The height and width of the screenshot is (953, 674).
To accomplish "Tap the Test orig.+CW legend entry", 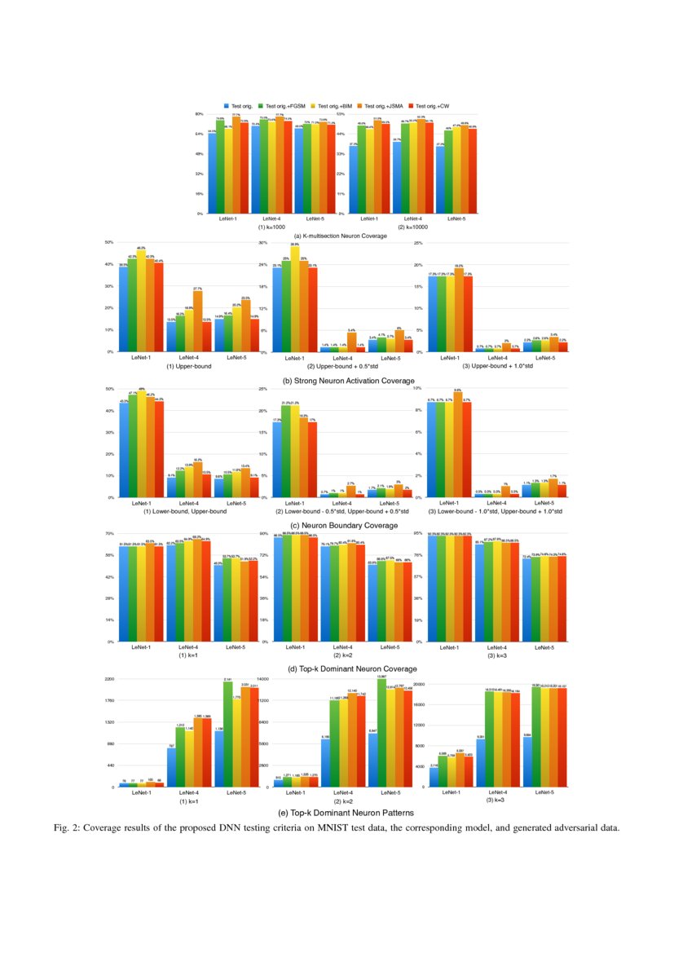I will pyautogui.click(x=430, y=106).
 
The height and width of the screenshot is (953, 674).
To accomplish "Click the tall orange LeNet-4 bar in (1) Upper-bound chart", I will pyautogui.click(x=197, y=320).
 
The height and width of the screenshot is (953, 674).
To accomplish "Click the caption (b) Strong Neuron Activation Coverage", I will pyautogui.click(x=337, y=381).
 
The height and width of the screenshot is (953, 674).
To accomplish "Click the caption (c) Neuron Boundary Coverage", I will pyautogui.click(x=337, y=526).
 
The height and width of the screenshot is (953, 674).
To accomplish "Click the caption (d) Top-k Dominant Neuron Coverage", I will pyautogui.click(x=337, y=668).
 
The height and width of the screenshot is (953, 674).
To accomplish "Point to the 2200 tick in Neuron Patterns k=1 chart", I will pyautogui.click(x=106, y=679).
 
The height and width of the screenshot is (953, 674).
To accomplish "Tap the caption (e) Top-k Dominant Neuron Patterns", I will pyautogui.click(x=337, y=813).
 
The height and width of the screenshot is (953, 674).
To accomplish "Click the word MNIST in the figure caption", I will pyautogui.click(x=346, y=828).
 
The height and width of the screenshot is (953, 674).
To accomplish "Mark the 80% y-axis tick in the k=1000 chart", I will pyautogui.click(x=197, y=114).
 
